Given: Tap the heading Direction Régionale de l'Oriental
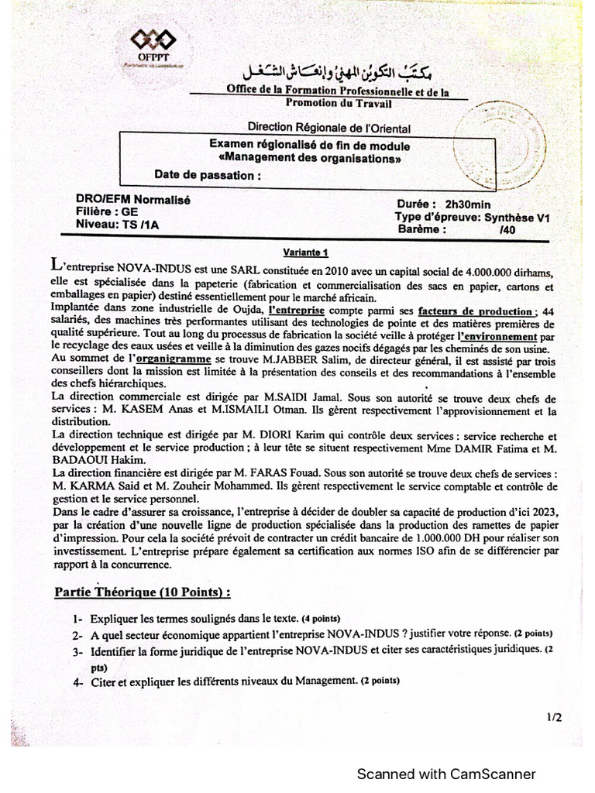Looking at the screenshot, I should coord(328,128).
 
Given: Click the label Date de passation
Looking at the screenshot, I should coord(207,174).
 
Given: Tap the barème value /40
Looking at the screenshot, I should coord(508,230).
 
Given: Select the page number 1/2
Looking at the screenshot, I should coord(554,718).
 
